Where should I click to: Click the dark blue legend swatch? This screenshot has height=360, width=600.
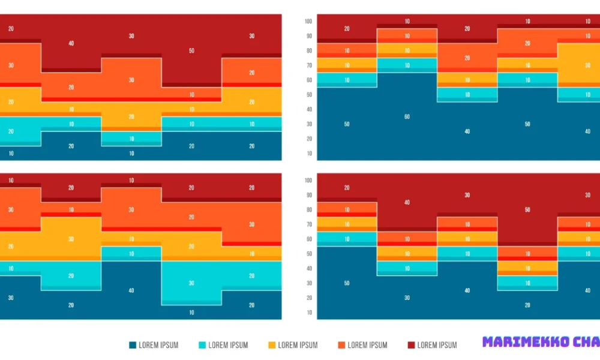pos(133,345)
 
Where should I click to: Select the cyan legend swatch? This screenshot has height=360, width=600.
pos(202,345)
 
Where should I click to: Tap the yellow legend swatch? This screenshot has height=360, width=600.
pos(272,345)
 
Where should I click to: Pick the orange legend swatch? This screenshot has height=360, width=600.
pos(341,345)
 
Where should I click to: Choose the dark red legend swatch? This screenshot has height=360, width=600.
pos(411,345)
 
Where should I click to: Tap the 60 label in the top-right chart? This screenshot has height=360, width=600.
pos(407,117)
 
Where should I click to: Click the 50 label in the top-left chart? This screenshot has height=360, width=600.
pos(191,51)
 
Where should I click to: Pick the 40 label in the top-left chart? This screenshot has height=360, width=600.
pos(71,44)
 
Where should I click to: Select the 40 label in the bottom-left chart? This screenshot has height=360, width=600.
pos(131,291)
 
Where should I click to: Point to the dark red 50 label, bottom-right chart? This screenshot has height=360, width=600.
pos(527,210)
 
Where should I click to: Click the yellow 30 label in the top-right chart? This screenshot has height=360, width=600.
pos(587,65)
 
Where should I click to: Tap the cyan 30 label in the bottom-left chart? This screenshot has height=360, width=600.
pos(191,283)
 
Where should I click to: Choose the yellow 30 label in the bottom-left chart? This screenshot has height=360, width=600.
pos(71,239)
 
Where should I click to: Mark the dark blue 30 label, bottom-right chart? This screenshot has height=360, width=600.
pos(407,298)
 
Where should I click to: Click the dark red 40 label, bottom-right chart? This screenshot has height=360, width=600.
pos(407,203)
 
